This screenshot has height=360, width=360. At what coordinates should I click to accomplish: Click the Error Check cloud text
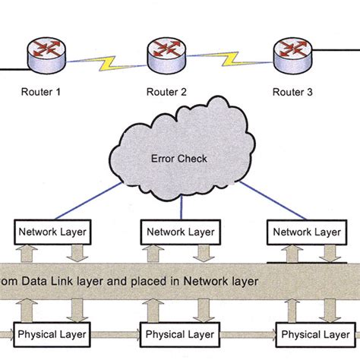point(180,159)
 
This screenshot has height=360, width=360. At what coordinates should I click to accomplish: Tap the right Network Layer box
point(306,231)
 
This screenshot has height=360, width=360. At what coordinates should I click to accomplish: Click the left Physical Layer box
point(52,333)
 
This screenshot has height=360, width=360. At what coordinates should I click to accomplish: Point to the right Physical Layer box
point(311,333)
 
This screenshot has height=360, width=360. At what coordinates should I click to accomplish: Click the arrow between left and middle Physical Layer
point(117,333)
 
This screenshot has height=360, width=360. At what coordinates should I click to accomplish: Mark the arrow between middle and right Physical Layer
point(245,333)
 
